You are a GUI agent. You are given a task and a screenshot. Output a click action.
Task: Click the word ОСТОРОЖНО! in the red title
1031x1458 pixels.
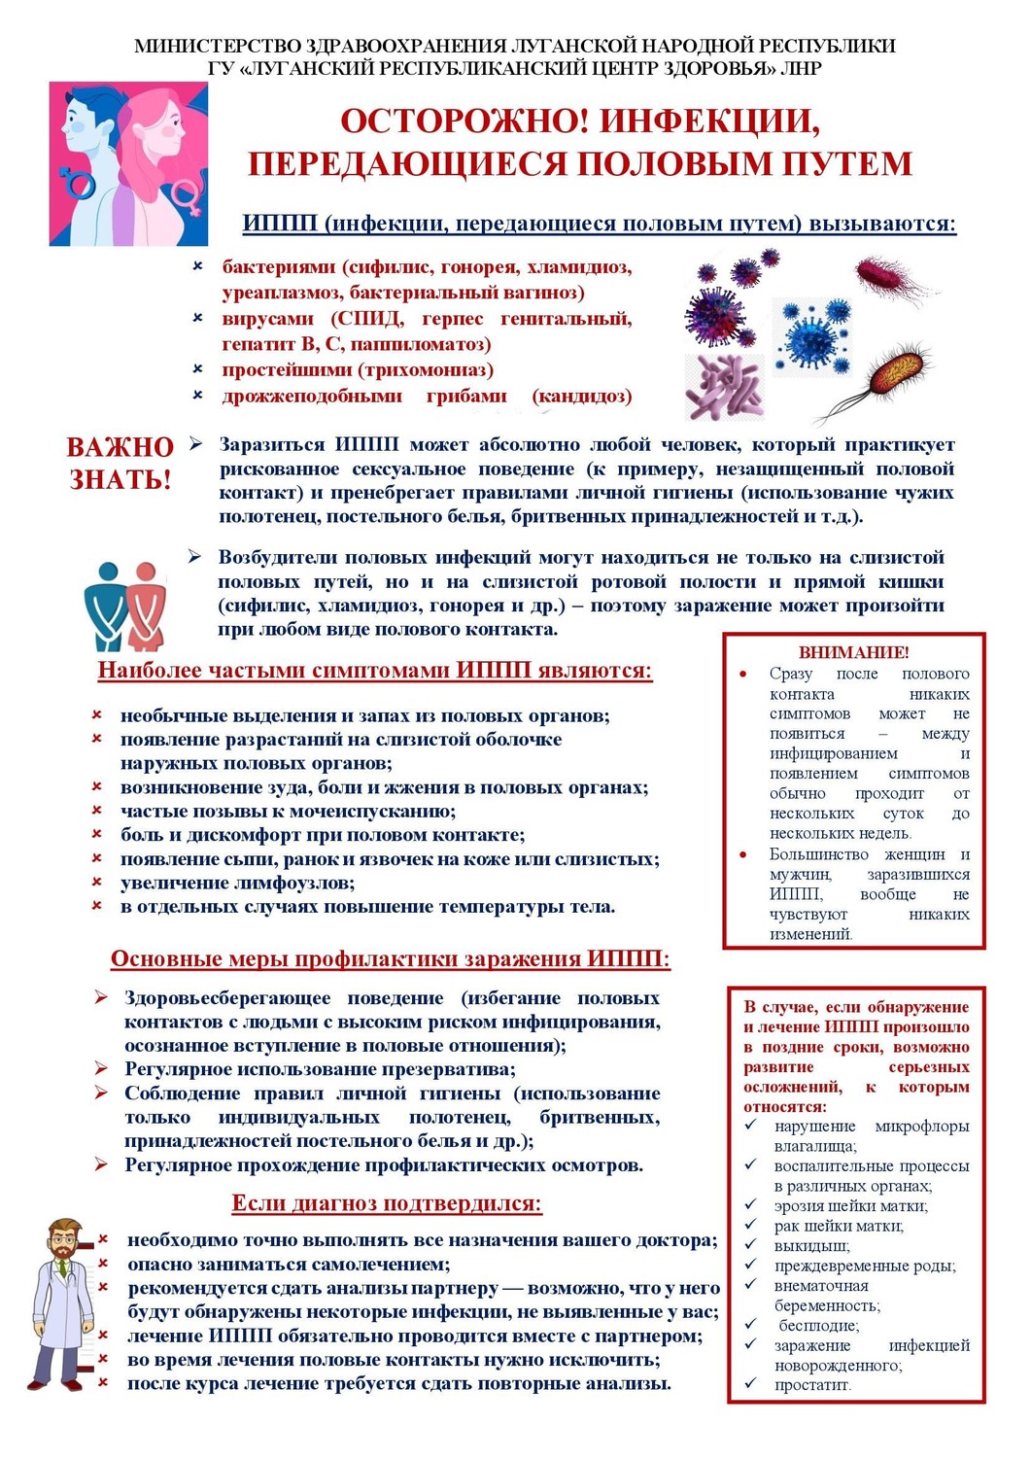point(464,121)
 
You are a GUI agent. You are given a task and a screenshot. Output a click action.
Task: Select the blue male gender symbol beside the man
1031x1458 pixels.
point(77,181)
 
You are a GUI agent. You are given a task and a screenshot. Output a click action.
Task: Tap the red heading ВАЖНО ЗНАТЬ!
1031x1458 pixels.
point(120,463)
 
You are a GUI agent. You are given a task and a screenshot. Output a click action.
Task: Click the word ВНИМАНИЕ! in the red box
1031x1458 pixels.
point(853,652)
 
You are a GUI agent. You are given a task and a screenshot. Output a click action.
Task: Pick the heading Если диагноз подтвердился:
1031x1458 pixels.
point(386,1203)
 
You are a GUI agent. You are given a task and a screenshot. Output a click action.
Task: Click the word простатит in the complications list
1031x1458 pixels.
point(811,1384)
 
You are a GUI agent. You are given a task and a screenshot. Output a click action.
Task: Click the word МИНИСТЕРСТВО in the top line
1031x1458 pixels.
point(219,46)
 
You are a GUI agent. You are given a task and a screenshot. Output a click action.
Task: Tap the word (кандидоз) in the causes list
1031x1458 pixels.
point(581,396)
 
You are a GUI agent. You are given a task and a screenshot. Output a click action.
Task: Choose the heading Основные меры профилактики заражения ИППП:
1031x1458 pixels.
point(390,959)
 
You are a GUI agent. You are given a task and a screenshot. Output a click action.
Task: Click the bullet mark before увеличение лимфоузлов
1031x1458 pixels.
point(97,882)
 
